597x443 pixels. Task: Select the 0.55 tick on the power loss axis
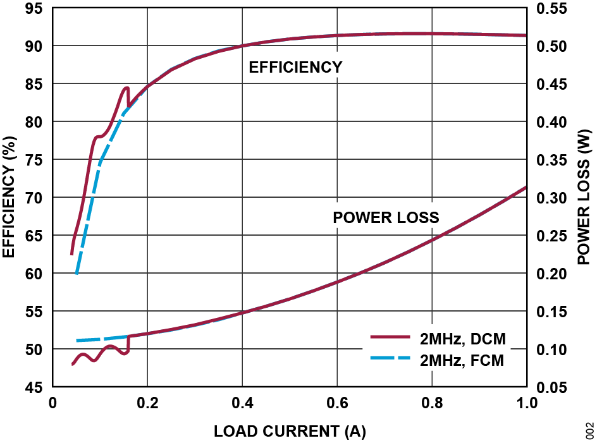coord(551,9)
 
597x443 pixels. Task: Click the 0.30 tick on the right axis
coord(551,198)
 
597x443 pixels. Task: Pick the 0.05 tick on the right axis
coord(551,387)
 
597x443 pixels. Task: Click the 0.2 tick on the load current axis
coord(147,403)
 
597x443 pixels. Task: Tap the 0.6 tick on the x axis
coord(337,403)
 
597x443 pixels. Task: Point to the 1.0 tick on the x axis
coord(526,403)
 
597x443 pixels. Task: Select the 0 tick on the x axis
coord(53,403)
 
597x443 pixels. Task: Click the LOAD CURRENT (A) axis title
coord(290,432)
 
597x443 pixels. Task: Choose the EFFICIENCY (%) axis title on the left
coord(9,198)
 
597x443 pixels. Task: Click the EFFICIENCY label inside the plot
coord(295,68)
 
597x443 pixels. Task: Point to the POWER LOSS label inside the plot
coord(386,219)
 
